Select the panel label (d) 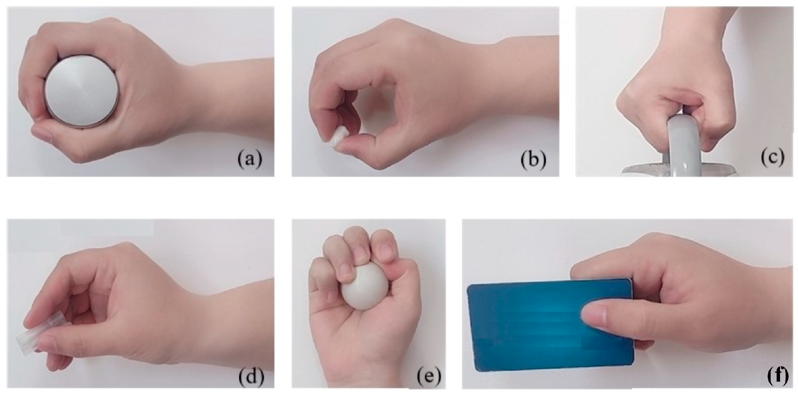click(x=251, y=378)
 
